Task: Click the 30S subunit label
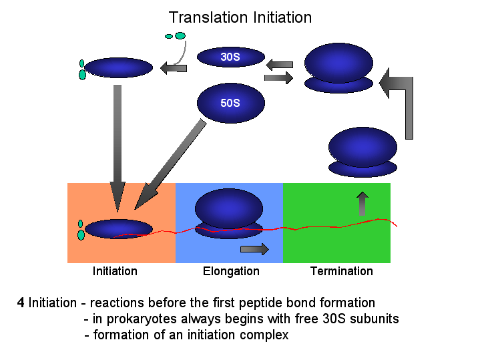[230, 57]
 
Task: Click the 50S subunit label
[230, 103]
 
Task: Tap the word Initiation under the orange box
[115, 271]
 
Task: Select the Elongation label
[231, 272]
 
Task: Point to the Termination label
[342, 271]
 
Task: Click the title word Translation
[208, 17]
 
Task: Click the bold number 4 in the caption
[21, 303]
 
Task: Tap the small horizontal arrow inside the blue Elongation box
[255, 249]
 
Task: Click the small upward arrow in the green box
[363, 204]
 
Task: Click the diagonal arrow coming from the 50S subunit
[170, 165]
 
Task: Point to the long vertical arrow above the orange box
[117, 148]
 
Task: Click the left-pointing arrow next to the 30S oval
[174, 67]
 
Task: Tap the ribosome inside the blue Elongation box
[229, 214]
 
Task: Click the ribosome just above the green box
[363, 152]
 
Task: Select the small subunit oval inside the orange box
[119, 229]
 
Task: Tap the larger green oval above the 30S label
[180, 36]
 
